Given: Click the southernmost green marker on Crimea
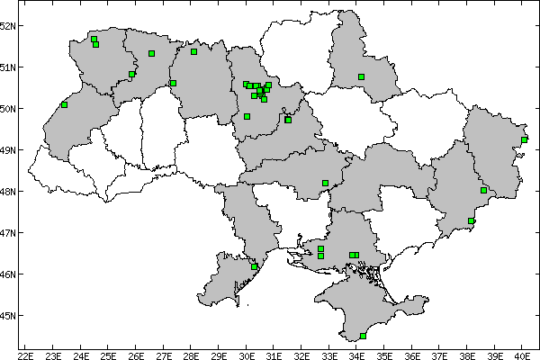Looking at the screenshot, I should click(x=363, y=337).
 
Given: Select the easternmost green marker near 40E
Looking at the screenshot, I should click(x=525, y=139).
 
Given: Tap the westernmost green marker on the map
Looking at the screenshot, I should click(x=64, y=104).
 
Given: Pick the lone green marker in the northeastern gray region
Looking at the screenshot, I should click(x=361, y=77).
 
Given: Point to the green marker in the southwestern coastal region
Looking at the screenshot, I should click(x=255, y=266).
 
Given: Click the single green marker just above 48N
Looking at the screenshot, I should click(x=325, y=184).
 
